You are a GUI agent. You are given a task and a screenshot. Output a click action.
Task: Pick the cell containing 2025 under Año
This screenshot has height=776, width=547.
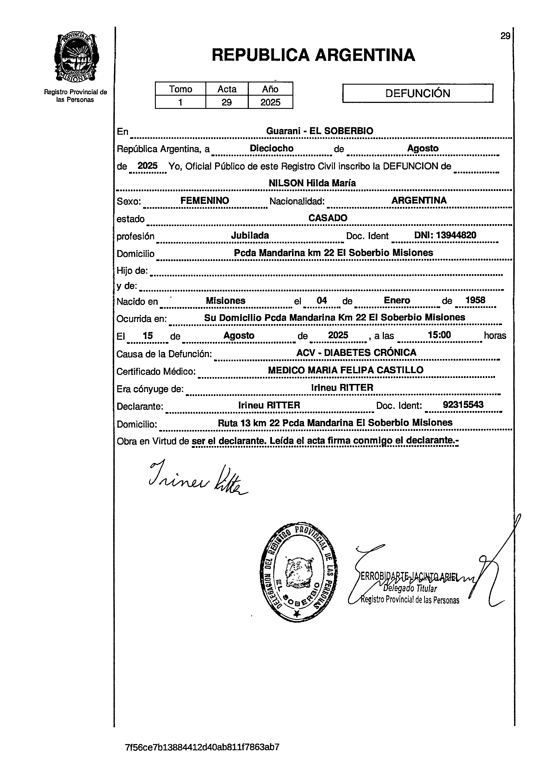coord(270,102)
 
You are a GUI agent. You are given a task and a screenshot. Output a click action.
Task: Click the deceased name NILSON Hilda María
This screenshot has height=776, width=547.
coord(312,183)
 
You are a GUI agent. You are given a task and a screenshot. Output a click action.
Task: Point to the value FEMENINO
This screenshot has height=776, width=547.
coord(205,200)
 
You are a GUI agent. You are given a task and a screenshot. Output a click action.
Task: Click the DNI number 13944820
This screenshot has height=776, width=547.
coord(445,235)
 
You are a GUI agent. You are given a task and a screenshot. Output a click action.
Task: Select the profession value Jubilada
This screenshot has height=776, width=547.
coord(250,235)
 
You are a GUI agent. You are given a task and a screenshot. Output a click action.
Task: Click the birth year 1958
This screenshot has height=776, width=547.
coord(475,300)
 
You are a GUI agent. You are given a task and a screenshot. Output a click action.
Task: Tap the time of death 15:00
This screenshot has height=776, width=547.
coord(439,335)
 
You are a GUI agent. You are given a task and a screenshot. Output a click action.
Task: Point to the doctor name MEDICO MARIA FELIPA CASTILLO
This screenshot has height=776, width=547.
coord(346,370)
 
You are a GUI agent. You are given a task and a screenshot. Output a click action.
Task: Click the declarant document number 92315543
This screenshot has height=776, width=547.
coord(463,405)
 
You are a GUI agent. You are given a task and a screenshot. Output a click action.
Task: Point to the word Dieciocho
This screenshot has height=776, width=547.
coord(272,148)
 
